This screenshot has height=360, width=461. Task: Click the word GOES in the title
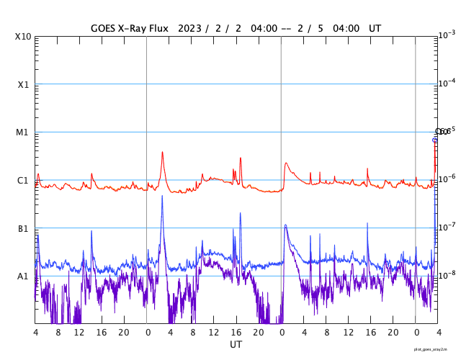[x=106, y=29]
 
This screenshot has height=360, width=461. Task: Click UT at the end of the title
[x=374, y=29]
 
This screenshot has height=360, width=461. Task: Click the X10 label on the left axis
[x=23, y=36]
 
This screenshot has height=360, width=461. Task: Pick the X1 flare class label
[x=23, y=84]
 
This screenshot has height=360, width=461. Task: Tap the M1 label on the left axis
[x=23, y=132]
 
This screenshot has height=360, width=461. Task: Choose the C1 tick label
[x=23, y=180]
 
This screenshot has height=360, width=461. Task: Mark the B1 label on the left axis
[x=23, y=228]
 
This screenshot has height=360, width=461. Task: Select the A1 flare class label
[x=23, y=276]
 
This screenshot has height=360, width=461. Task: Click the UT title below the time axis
[x=236, y=345]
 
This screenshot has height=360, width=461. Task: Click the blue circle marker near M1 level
[x=435, y=140]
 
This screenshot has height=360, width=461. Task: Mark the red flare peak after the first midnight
[x=162, y=152]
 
